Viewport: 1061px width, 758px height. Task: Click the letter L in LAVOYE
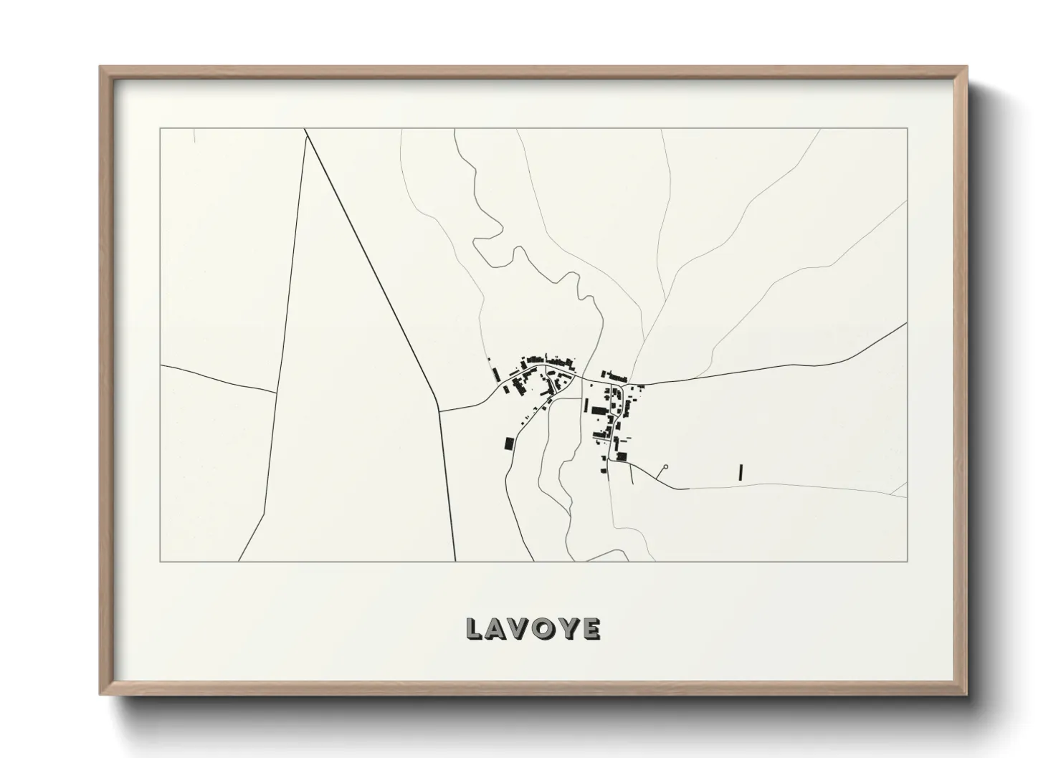[x=474, y=628]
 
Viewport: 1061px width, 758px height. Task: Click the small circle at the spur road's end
[x=665, y=467]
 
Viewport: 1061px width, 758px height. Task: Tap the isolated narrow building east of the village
[x=741, y=471]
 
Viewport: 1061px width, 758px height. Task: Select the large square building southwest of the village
[x=509, y=443]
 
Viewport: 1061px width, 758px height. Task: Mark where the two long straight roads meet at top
[x=306, y=133]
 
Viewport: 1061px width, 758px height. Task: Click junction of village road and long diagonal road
[x=439, y=411]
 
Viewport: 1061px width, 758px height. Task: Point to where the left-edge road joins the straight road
[x=277, y=393]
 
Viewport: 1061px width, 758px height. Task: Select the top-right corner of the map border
[x=908, y=128]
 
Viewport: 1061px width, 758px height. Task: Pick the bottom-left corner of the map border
[x=160, y=561]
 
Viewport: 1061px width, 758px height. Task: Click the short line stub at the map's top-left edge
[x=194, y=135]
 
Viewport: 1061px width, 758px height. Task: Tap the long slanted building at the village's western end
[x=495, y=375]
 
